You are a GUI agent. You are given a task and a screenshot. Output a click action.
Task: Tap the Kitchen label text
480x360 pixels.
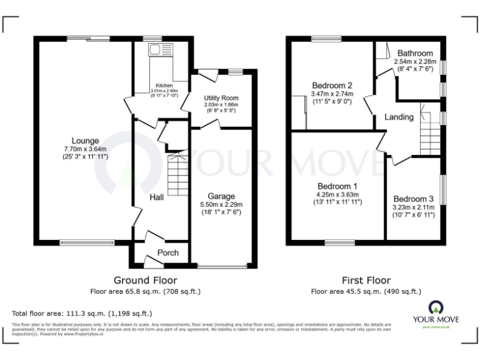pos(164,86)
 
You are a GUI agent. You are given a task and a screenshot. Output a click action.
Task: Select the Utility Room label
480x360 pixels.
pos(221,98)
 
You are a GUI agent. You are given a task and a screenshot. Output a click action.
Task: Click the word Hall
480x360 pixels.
pos(156,197)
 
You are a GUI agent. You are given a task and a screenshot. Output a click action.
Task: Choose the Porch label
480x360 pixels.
pos(167,252)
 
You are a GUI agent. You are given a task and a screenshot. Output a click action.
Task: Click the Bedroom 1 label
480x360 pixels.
pos(337,186)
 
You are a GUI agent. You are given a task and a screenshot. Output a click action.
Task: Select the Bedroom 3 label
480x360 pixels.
pos(413,199)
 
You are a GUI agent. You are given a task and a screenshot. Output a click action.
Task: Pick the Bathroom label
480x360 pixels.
pos(413,54)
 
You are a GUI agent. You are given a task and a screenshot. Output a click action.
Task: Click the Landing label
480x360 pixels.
pos(398,117)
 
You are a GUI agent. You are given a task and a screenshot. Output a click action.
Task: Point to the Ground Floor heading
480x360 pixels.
pos(145,280)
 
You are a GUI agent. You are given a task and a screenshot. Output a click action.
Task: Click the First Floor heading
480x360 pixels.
pos(366,280)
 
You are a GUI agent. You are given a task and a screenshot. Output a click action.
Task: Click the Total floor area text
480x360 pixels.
pos(82,313)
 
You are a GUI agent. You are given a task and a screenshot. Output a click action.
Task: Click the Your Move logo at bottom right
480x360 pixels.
pos(435,313)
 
